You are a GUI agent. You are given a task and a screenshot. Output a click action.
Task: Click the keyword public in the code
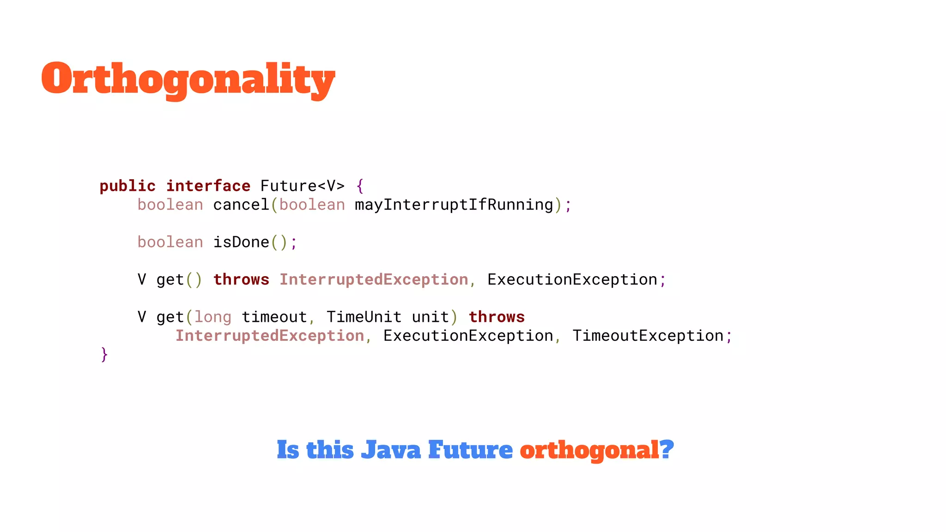pos(127,186)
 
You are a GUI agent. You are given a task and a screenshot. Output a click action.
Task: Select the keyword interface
pos(208,186)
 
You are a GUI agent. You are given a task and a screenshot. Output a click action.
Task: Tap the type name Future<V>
pos(303,186)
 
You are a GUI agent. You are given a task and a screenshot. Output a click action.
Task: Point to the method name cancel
pos(241,205)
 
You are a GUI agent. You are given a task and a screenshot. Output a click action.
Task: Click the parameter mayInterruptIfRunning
pos(454,205)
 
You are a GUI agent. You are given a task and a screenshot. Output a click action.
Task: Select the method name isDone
pos(241,242)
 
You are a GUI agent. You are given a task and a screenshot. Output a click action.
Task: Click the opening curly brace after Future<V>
pos(360,186)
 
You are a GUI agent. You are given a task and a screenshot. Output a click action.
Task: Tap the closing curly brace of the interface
pos(104,355)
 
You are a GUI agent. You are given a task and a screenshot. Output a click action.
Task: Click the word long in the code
pos(213,317)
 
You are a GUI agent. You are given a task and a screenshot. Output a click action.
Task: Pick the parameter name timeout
pos(274,317)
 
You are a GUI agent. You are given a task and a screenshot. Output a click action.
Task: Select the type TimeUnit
pos(364,317)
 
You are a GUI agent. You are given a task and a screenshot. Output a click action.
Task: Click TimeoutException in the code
pos(648,336)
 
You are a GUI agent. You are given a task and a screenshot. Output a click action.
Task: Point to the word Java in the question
pos(391,450)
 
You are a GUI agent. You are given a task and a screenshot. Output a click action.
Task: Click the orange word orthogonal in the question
pos(588,450)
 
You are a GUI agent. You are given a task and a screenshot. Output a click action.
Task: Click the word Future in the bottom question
pos(470,450)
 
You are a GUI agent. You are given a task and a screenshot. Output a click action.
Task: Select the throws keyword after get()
pos(241,280)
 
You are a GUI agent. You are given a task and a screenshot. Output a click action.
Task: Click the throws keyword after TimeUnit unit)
pos(497,317)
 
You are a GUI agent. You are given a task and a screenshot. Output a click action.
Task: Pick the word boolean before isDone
pos(170,242)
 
